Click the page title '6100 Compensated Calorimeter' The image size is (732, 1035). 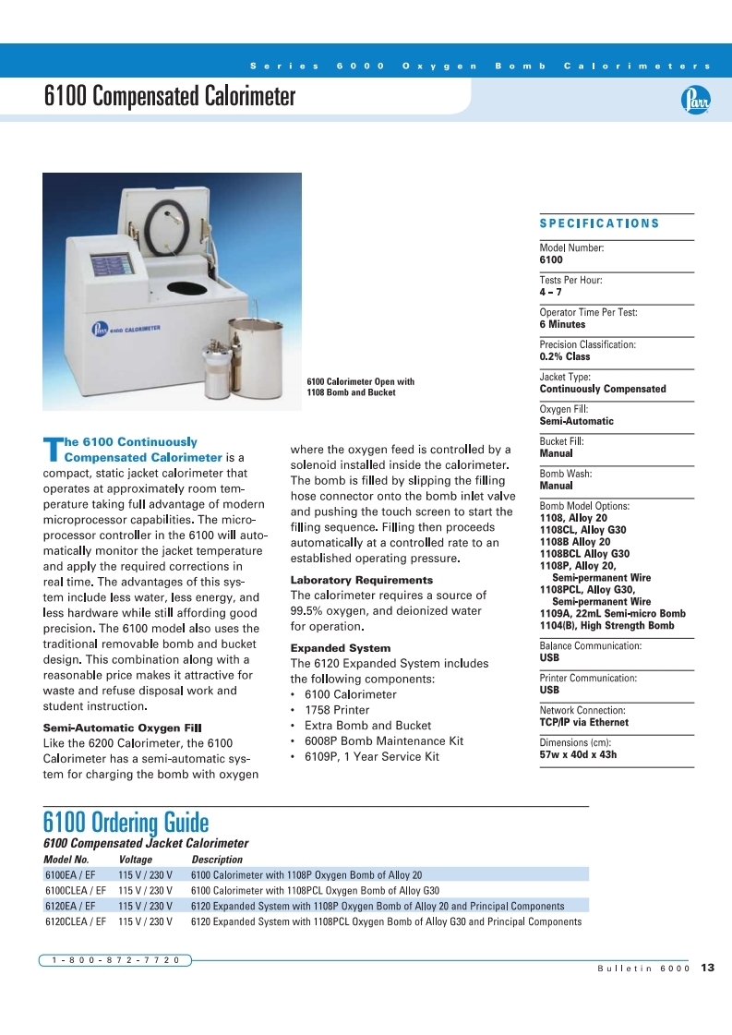(170, 97)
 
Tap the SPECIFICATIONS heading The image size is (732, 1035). (599, 223)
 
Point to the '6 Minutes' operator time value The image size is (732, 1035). (562, 324)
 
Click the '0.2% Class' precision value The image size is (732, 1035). (565, 356)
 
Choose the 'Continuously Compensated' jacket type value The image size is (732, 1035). (602, 389)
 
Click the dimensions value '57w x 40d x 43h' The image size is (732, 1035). (578, 754)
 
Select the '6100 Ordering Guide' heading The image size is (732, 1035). (126, 822)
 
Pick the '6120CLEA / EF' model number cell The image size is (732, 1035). (76, 921)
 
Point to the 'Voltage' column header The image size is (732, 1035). (136, 860)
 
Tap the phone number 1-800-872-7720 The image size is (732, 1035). (115, 960)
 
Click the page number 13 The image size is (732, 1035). (708, 968)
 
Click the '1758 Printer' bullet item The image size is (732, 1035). (337, 710)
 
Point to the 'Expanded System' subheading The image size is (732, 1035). (341, 648)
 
